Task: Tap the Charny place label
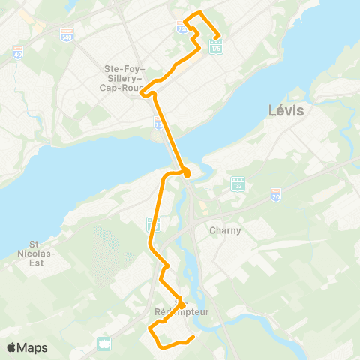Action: (x=225, y=230)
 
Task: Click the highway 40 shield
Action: (x=16, y=53)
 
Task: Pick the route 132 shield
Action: (x=238, y=183)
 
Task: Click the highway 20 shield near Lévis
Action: (x=275, y=193)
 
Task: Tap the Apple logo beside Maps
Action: (x=12, y=347)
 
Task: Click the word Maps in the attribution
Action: (x=32, y=347)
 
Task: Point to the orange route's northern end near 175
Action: (x=218, y=37)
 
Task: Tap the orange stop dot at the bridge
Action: (x=187, y=174)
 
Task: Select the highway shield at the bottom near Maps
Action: (x=104, y=343)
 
